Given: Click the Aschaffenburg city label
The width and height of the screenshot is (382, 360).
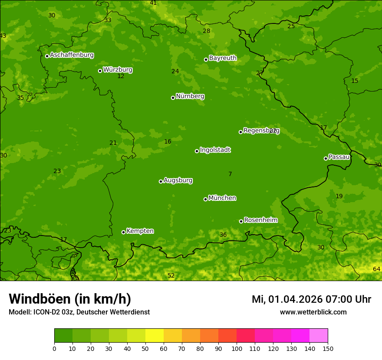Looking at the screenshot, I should (x=72, y=55).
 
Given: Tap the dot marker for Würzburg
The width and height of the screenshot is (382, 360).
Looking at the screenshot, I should (x=100, y=71).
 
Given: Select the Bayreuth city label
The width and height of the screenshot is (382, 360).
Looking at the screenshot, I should (x=223, y=58).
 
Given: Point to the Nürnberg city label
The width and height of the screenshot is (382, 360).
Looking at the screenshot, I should (x=190, y=96).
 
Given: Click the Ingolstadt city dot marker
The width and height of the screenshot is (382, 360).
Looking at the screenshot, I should (x=197, y=151).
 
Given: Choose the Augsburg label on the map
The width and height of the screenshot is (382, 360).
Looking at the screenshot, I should (x=178, y=180).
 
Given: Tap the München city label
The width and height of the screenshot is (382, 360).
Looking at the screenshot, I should (x=222, y=198).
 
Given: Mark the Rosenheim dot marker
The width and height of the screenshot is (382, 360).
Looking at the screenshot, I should (x=241, y=221).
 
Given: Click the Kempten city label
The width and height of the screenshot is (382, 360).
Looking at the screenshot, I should (x=140, y=231).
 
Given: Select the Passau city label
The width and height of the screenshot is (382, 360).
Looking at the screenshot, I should (x=339, y=157).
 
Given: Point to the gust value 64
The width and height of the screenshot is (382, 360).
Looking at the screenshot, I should (x=376, y=269).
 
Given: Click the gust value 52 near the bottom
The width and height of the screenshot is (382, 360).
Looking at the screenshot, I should (x=171, y=276).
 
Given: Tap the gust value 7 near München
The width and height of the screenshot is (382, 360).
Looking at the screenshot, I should (x=230, y=174).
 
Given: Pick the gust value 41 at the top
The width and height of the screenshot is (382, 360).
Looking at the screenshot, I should (x=153, y=3).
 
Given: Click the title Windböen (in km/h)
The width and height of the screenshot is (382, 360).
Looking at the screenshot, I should (x=70, y=299).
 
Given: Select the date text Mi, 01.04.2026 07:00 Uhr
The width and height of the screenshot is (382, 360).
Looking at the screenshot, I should (x=311, y=299).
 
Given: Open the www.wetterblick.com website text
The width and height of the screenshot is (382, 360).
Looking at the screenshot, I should (x=313, y=312).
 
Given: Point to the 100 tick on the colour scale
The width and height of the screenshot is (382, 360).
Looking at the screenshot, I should (x=237, y=348).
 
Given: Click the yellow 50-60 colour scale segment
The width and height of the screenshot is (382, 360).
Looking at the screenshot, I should (x=155, y=336).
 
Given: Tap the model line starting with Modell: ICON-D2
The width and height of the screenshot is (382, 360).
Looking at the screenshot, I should (x=79, y=312).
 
